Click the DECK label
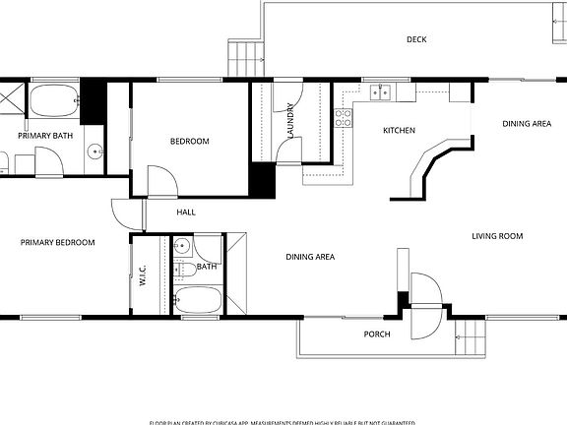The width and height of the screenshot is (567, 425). (416, 40)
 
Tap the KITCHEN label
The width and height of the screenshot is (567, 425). (399, 131)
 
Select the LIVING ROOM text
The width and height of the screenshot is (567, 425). (496, 236)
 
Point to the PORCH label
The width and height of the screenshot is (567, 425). (377, 334)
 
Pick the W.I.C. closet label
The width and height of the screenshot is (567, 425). (143, 274)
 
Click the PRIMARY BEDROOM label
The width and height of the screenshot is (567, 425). (57, 242)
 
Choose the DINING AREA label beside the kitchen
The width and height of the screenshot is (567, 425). (527, 124)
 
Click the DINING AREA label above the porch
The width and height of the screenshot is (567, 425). (310, 257)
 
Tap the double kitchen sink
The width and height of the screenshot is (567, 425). (382, 93)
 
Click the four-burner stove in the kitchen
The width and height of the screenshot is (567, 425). (343, 118)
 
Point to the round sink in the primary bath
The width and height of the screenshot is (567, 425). (93, 152)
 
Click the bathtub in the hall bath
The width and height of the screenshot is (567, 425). (200, 299)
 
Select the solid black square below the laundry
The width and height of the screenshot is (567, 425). (261, 181)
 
